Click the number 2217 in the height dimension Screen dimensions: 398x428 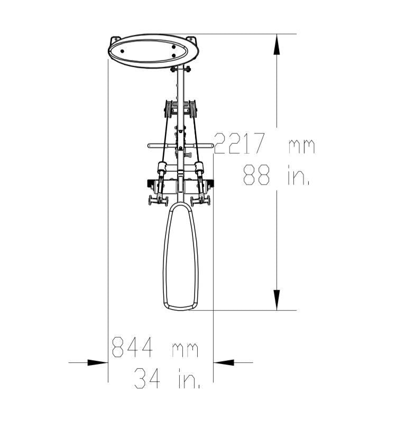point(239,144)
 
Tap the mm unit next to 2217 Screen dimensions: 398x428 point(302,146)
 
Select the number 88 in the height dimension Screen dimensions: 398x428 point(256,175)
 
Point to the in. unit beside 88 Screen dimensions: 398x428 point(299,175)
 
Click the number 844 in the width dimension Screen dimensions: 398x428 point(132,347)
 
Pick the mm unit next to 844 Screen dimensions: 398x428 point(185,350)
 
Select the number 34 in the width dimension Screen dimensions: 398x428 point(147,378)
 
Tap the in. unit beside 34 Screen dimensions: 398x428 point(189,378)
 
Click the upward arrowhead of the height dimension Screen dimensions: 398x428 point(276,44)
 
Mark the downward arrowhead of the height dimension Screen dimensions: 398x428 point(276,300)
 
